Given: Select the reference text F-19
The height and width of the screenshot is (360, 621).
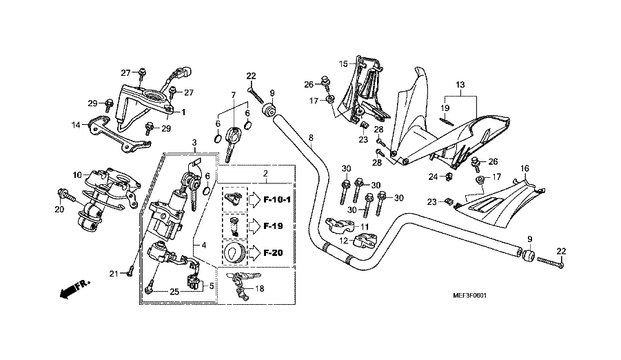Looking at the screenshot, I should pos(273,226).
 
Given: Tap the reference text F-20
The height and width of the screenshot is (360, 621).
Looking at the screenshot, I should pos(273,253).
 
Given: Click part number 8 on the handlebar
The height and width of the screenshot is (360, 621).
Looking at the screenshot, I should pos(312,138).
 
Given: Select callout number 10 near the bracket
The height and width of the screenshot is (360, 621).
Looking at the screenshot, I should pos(78,175).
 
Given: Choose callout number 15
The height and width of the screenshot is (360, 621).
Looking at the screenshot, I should pos(343,64).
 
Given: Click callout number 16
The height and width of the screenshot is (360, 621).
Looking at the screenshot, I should pos(525,169).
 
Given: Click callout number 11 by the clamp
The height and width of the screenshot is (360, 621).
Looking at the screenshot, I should pos(365,226).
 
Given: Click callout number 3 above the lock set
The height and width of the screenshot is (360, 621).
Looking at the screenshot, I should pos(195,142).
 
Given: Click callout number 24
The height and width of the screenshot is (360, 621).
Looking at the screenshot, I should pos(434,177).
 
